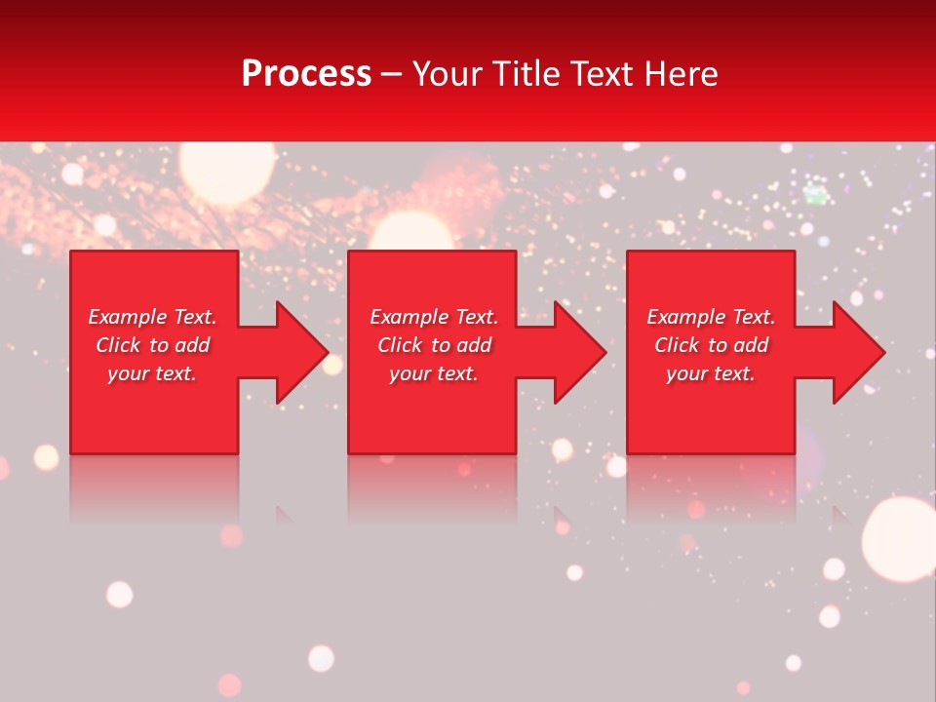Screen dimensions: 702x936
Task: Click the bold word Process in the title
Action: click(306, 74)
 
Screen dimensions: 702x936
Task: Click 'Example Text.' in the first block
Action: click(152, 317)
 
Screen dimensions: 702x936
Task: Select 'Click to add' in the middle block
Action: click(434, 345)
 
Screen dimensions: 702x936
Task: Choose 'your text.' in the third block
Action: click(711, 373)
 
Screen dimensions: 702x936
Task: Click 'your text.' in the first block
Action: click(152, 373)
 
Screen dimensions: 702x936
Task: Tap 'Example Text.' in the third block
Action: click(711, 317)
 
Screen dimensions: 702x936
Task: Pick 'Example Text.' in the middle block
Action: click(434, 317)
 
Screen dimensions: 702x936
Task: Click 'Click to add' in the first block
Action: click(152, 345)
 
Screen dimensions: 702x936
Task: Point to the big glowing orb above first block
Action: click(226, 172)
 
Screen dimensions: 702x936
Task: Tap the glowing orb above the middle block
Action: click(411, 232)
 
